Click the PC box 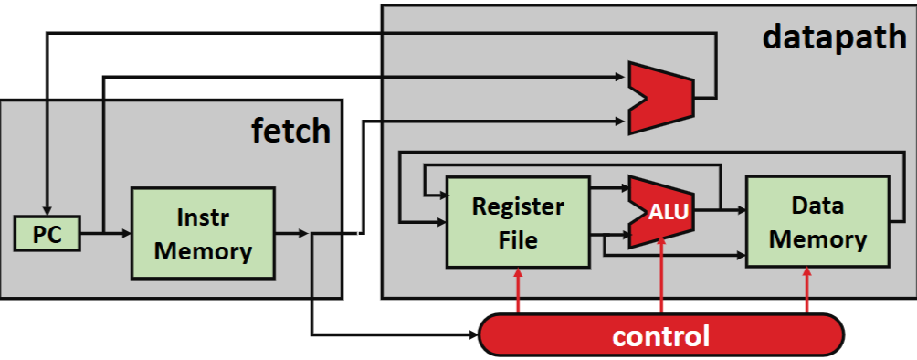click(47, 234)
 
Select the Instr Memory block click(203, 234)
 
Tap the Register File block click(518, 222)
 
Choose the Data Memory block click(817, 222)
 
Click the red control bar click(660, 334)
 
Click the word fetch click(290, 131)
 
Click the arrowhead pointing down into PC click(47, 208)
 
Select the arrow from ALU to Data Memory click(722, 209)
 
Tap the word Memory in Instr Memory click(203, 250)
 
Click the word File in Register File click(518, 240)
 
